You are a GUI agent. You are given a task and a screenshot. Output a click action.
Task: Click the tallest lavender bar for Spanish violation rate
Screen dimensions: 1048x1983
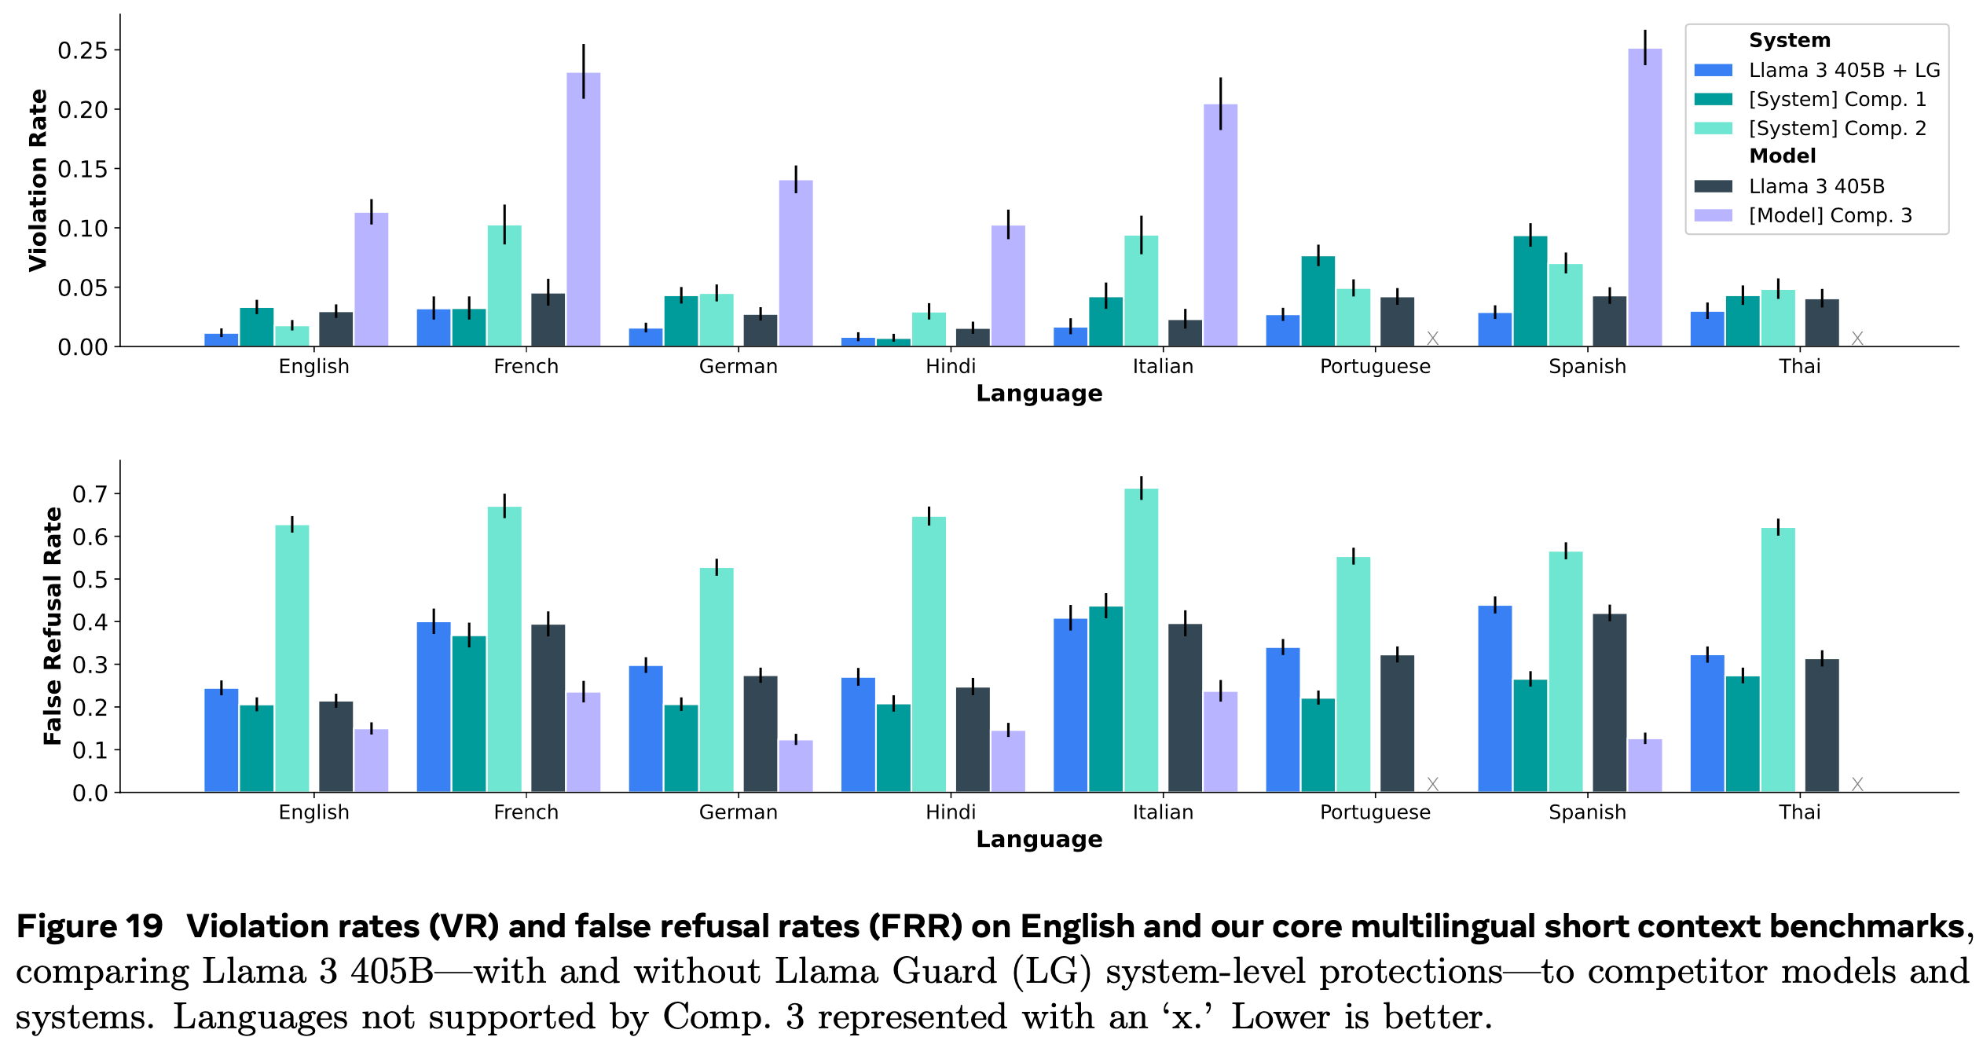(x=1644, y=196)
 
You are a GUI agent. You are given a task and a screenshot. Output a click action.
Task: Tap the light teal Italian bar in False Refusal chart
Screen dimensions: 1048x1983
(x=1141, y=640)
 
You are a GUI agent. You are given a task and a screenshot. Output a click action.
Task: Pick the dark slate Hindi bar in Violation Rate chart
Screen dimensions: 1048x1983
(x=973, y=338)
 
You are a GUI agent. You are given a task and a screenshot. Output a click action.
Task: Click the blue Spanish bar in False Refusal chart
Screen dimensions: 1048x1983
(x=1494, y=698)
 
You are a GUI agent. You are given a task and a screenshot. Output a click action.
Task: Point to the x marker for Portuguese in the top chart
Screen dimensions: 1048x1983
(x=1432, y=338)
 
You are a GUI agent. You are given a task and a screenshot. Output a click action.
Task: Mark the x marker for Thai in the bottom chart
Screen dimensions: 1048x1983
(x=1857, y=784)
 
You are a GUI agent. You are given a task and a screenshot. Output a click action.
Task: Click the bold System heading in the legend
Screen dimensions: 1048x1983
(x=1789, y=41)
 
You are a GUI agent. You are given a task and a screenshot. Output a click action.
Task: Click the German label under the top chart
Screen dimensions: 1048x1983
(x=738, y=367)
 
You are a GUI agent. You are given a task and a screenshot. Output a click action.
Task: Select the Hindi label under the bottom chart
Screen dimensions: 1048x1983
(x=950, y=812)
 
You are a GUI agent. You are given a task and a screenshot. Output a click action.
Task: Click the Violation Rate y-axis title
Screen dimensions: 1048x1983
(x=38, y=181)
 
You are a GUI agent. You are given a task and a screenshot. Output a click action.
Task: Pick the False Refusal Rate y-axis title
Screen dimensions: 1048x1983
(x=52, y=626)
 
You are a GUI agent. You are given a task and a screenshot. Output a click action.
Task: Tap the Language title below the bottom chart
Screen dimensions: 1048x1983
(x=1039, y=840)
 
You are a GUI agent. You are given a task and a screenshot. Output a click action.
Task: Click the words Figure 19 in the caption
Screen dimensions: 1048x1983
(x=90, y=927)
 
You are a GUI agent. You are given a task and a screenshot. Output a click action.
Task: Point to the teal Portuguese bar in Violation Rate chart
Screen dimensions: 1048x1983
(x=1318, y=301)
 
